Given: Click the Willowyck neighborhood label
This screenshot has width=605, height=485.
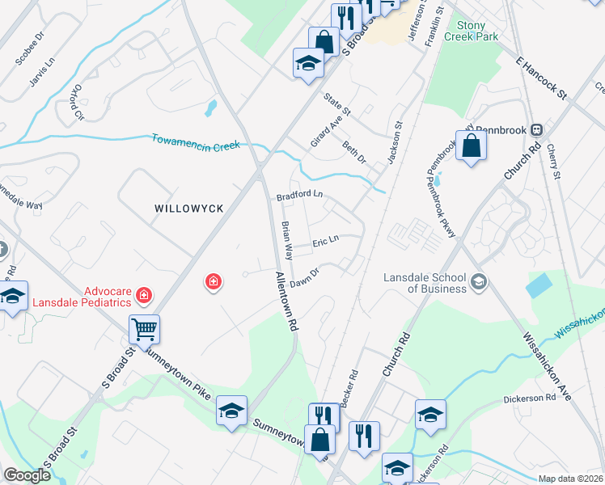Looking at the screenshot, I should point(188,209).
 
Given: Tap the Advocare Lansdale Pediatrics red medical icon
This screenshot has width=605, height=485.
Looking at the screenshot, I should point(144,296).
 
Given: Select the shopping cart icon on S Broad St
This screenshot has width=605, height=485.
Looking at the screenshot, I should point(144,329).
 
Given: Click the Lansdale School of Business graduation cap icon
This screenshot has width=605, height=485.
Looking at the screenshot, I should point(479,281).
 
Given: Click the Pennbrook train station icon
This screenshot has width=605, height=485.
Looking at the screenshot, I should point(535,129).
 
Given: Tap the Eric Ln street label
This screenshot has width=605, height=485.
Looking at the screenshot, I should point(324,241).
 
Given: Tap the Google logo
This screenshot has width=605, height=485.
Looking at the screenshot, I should point(27,475).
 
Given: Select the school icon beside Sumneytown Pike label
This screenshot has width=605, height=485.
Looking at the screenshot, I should point(231,411).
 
